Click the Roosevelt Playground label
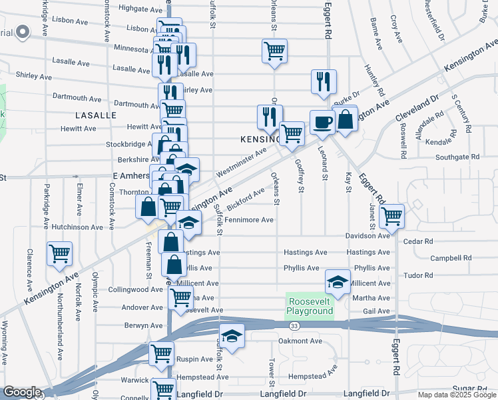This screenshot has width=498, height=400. (x=310, y=306)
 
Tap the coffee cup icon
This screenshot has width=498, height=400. (x=323, y=123)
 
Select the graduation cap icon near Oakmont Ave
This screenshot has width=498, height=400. (x=232, y=335)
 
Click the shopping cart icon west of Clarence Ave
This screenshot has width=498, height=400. (x=60, y=254)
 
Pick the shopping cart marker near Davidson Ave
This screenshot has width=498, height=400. (x=391, y=215)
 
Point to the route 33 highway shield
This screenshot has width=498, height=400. (x=294, y=326)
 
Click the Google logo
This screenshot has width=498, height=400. (x=21, y=392)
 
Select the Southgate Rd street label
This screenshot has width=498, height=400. (x=457, y=157)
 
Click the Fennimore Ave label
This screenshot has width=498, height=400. (x=249, y=220)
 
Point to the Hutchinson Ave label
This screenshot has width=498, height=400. (x=77, y=227)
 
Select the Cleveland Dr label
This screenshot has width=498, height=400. (x=417, y=108)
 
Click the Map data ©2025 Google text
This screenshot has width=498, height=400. (x=456, y=395)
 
